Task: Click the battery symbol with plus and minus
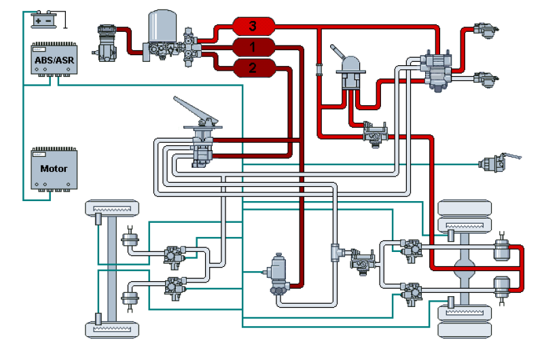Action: pos(46,20)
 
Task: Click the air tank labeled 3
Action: pos(253,27)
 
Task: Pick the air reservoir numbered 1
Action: pos(253,47)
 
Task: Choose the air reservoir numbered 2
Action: pos(253,67)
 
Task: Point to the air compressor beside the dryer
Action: pos(108,43)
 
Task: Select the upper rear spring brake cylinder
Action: pos(502,249)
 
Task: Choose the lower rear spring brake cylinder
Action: pos(502,287)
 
